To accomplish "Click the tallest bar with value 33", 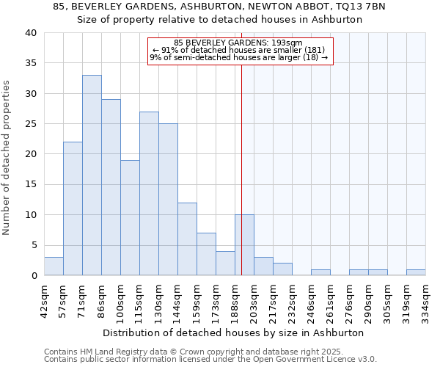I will point(92,175).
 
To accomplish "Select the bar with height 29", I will point(111,187).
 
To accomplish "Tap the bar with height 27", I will point(149,194).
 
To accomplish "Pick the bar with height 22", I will point(73,208).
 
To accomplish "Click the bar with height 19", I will point(130,218).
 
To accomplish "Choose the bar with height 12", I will point(187,239).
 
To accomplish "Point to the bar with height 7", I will point(206,254).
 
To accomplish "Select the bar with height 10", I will point(244,245).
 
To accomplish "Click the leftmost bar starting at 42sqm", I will point(54,266).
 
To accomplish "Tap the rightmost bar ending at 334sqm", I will point(416,272).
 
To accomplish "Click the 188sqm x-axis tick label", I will point(235,299).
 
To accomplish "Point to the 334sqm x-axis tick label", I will point(426,299).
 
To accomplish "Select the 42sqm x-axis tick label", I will point(45,299).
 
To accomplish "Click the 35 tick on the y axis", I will point(30,63).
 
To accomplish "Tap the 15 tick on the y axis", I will point(30,184).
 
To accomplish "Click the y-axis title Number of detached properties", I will point(7,154).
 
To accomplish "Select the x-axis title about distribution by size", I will point(233,333).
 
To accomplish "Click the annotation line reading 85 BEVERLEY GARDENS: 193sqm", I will point(240,43).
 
